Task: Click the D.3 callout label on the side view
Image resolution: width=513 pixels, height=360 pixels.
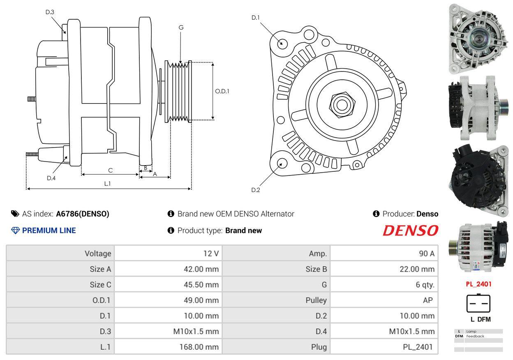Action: click(x=50, y=12)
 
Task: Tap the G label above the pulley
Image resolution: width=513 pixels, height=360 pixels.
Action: click(x=181, y=28)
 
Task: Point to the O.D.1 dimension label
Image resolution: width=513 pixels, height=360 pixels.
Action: click(x=222, y=91)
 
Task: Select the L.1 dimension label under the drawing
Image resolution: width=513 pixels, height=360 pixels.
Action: click(x=107, y=184)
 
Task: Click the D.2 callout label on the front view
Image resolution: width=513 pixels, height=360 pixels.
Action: click(x=256, y=190)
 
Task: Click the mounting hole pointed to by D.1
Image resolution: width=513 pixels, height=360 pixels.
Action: click(x=282, y=43)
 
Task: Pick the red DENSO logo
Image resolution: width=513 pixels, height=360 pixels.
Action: click(x=410, y=231)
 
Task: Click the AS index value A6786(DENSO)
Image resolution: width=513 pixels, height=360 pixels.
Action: click(x=83, y=214)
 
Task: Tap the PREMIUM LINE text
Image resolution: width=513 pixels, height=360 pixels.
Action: click(x=49, y=231)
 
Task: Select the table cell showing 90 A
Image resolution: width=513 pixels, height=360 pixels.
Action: click(x=426, y=254)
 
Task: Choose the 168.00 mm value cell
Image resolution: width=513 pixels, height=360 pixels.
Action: click(x=199, y=347)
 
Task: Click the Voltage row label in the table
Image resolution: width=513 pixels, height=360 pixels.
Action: click(x=98, y=254)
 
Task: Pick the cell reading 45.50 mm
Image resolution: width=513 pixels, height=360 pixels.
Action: click(x=201, y=285)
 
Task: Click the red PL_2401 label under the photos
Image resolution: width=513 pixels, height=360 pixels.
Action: click(x=478, y=284)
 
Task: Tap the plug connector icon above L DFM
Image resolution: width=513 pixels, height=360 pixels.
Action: click(x=478, y=304)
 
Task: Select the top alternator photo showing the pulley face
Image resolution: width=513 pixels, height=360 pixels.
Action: click(x=478, y=38)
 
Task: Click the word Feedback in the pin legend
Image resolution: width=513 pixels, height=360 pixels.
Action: click(x=475, y=336)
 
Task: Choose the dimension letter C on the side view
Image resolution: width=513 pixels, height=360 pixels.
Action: click(x=110, y=170)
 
